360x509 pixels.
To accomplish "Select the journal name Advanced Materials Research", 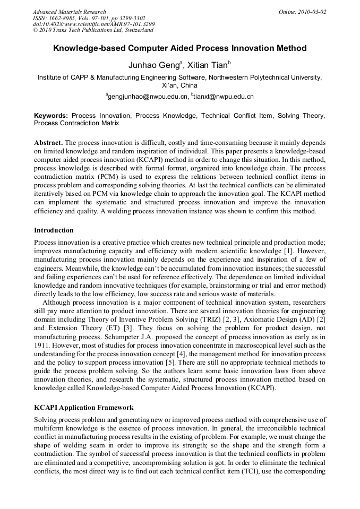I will (70, 12).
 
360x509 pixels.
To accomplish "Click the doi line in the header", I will (94, 24).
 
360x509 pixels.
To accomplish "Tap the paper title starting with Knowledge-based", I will (179, 48).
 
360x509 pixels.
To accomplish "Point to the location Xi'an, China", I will (179, 85).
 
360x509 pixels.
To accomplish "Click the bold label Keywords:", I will (51, 115).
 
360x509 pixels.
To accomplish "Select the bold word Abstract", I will (48, 143).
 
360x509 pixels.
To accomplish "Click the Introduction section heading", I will (54, 230).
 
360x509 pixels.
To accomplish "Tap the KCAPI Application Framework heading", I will (84, 408).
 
